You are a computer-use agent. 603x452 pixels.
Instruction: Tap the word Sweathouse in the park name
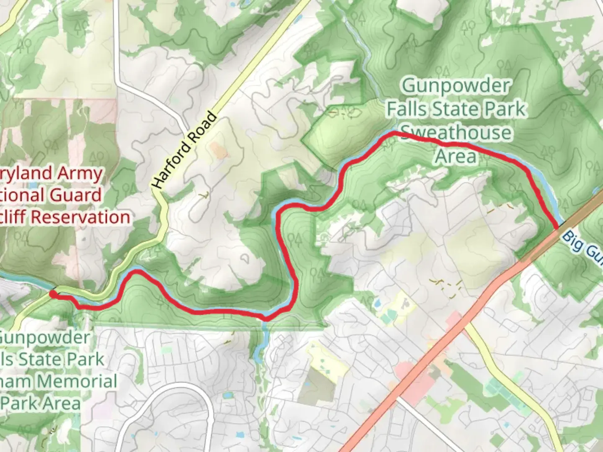[456, 133]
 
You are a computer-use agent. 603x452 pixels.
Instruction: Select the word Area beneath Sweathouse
[456, 156]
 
